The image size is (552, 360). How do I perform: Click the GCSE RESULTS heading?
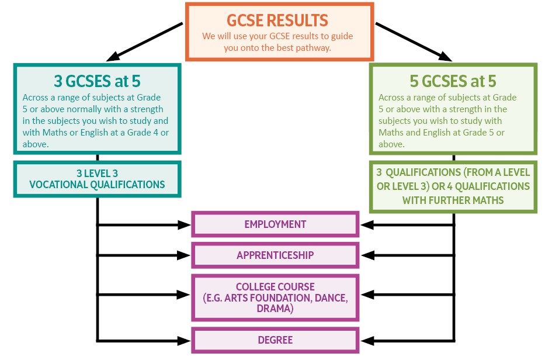click(x=279, y=20)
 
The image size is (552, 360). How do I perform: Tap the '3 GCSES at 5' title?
click(x=96, y=81)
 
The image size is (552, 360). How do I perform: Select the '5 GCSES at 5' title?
click(x=453, y=81)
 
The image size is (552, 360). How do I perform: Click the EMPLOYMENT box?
click(x=275, y=224)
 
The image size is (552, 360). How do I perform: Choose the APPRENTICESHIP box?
click(x=275, y=255)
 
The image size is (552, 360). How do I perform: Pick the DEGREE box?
click(x=275, y=340)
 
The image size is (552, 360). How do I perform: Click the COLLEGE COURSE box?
click(x=275, y=297)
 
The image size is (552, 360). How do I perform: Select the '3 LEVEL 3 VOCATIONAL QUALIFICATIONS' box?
click(x=96, y=179)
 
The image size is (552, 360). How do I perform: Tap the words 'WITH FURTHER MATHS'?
click(x=453, y=199)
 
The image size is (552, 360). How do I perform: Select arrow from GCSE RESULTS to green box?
click(x=413, y=41)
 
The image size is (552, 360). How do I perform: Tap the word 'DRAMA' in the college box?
click(x=275, y=308)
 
